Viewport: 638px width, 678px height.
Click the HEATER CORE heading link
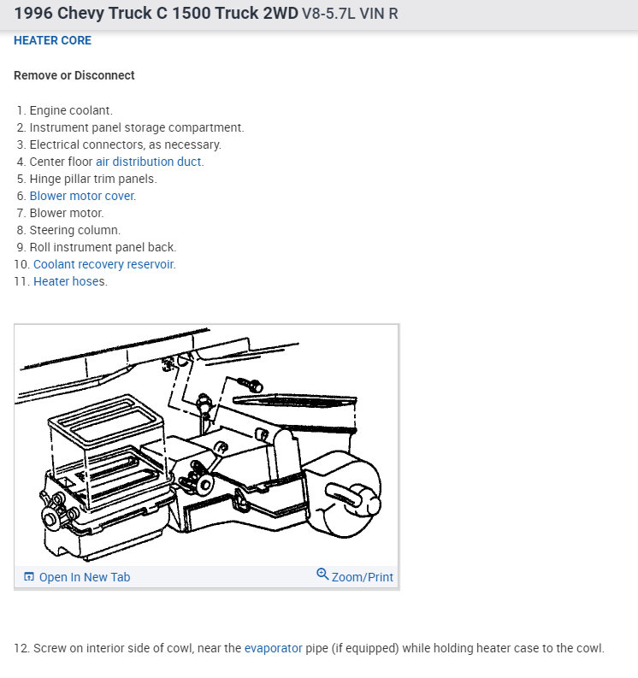pyautogui.click(x=52, y=40)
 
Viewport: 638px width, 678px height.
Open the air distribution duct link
pyautogui.click(x=149, y=162)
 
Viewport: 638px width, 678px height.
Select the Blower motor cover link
pyautogui.click(x=82, y=196)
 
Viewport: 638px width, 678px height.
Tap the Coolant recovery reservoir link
pyautogui.click(x=103, y=264)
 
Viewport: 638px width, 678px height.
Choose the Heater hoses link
pyautogui.click(x=69, y=281)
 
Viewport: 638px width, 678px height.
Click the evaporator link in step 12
pyautogui.click(x=273, y=648)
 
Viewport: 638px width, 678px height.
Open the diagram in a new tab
pyautogui.click(x=84, y=577)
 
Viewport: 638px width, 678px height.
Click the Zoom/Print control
pyautogui.click(x=362, y=577)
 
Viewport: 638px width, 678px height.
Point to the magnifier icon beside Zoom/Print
pyautogui.click(x=322, y=575)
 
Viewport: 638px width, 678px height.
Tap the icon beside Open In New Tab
pyautogui.click(x=28, y=577)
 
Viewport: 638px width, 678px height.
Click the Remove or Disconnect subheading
pyautogui.click(x=74, y=75)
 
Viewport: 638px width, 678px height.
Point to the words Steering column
pyautogui.click(x=75, y=230)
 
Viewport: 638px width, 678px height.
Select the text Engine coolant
pyautogui.click(x=71, y=110)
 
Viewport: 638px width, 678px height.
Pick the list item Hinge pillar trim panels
pyautogui.click(x=93, y=179)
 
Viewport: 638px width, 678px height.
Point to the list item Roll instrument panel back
pyautogui.click(x=103, y=247)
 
